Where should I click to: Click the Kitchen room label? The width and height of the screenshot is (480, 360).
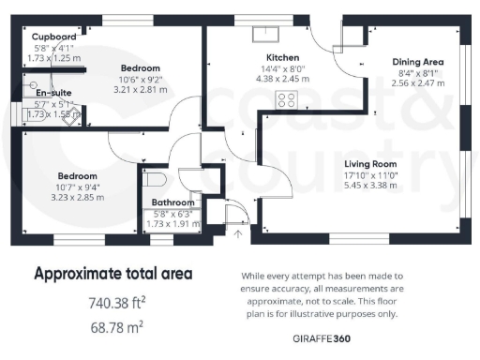(x=281, y=56)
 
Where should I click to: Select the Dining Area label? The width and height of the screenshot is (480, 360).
(x=417, y=62)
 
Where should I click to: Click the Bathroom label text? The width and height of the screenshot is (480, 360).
(x=174, y=202)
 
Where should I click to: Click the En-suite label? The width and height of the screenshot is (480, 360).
(x=52, y=93)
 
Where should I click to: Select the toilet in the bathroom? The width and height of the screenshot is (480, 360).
(x=156, y=178)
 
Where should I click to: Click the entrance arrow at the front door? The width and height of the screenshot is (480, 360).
(x=238, y=232)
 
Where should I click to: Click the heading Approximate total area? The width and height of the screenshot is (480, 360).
(x=113, y=274)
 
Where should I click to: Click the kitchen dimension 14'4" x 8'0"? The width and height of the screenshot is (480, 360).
(x=281, y=67)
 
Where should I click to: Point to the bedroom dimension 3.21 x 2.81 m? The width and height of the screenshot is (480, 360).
(x=140, y=90)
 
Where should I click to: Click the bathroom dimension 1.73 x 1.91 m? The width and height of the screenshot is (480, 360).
(x=174, y=223)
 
